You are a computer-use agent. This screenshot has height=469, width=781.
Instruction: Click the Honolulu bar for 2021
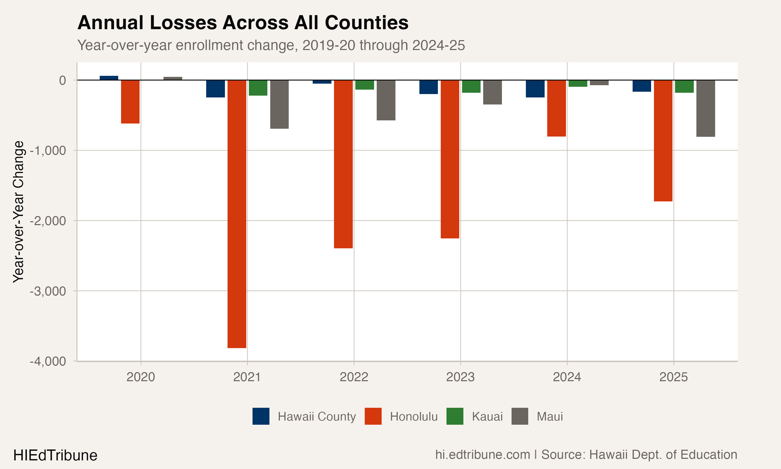click(x=237, y=214)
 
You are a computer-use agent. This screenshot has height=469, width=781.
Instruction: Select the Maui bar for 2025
click(x=706, y=108)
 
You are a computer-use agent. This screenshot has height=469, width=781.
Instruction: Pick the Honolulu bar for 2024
click(x=556, y=108)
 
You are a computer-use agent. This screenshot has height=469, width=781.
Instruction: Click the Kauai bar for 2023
click(x=471, y=86)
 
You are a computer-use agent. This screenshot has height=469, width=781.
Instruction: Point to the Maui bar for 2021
click(x=279, y=104)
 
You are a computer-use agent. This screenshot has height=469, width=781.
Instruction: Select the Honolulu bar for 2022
click(x=343, y=164)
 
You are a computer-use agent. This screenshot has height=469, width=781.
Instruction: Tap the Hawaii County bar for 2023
click(x=429, y=87)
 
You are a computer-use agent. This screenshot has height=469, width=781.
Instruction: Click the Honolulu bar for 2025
click(x=663, y=141)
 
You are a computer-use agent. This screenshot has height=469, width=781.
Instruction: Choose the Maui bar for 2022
click(x=386, y=100)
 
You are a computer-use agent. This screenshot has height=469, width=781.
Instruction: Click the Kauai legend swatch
click(x=455, y=416)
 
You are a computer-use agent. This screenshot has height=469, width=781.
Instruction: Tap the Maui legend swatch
click(x=520, y=416)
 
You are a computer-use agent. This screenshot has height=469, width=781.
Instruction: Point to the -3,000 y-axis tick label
click(x=48, y=291)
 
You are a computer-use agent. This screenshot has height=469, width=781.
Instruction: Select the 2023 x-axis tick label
click(x=460, y=377)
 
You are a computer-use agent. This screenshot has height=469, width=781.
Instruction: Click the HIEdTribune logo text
click(x=55, y=455)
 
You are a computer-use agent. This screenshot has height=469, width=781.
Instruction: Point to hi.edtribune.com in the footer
click(x=482, y=455)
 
